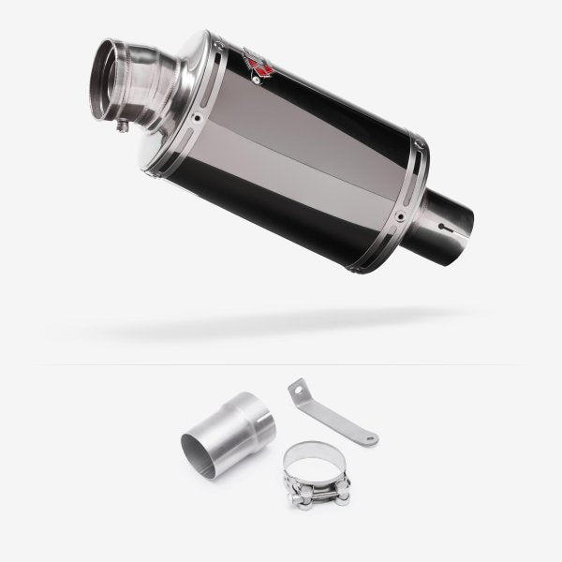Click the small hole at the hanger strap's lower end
point(371,437)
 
